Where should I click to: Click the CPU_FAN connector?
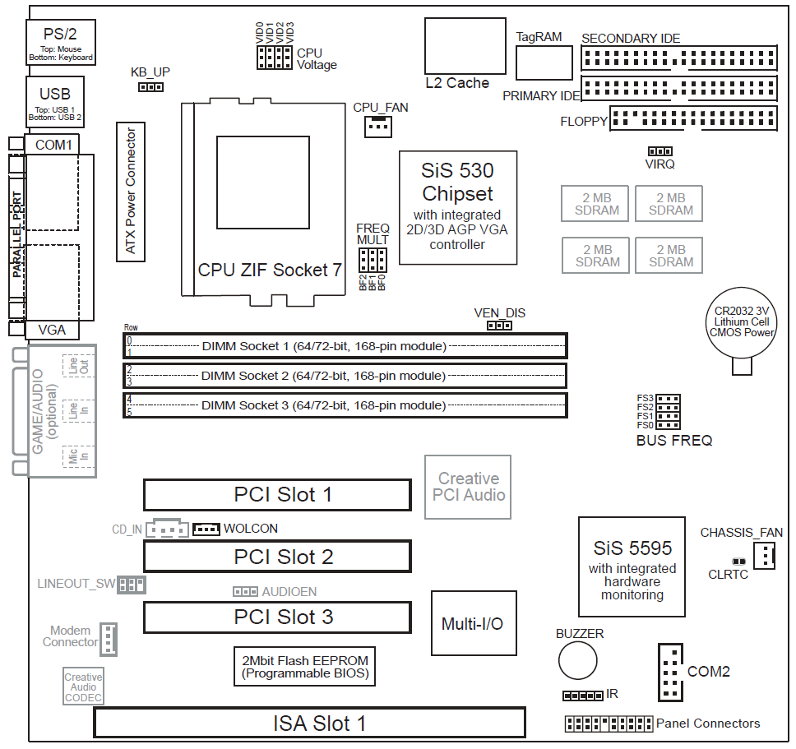(x=377, y=126)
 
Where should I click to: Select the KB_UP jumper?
(x=150, y=86)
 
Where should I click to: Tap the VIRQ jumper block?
(x=659, y=151)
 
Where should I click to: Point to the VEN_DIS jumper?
(x=499, y=326)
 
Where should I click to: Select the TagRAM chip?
(x=544, y=63)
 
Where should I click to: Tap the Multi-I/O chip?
(x=472, y=622)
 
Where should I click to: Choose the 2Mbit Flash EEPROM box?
(x=305, y=667)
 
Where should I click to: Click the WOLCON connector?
(x=206, y=529)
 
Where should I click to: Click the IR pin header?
(x=582, y=696)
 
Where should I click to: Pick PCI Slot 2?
(x=277, y=557)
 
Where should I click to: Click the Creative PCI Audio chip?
(x=468, y=487)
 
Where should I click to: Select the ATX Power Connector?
(x=131, y=191)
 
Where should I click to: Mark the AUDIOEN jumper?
(x=245, y=591)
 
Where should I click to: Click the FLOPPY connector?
(x=693, y=119)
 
